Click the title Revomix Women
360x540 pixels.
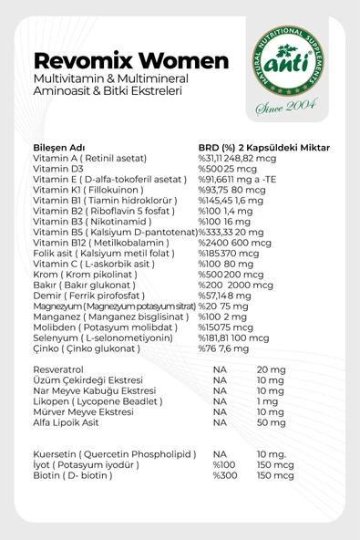(130, 61)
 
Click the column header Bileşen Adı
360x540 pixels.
(58, 148)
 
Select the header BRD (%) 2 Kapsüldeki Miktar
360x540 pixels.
(263, 148)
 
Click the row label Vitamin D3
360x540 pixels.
(57, 170)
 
